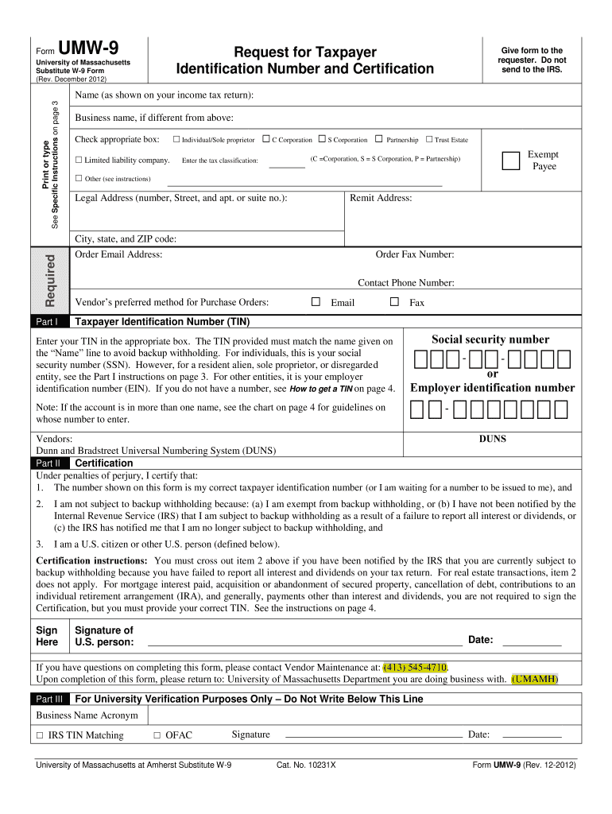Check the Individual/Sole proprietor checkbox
pos(176,140)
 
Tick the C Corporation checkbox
pos(266,139)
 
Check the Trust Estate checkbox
pos(429,139)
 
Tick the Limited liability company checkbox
pos(79,160)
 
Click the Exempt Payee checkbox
pos(510,161)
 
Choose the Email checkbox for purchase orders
pos(316,302)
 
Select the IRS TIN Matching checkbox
pos(40,735)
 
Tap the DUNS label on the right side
pos(492,439)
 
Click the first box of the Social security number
pos(420,360)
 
